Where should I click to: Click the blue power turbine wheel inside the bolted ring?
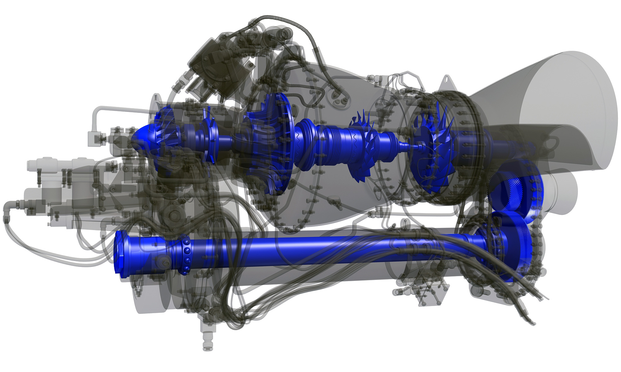pos(435,149)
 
